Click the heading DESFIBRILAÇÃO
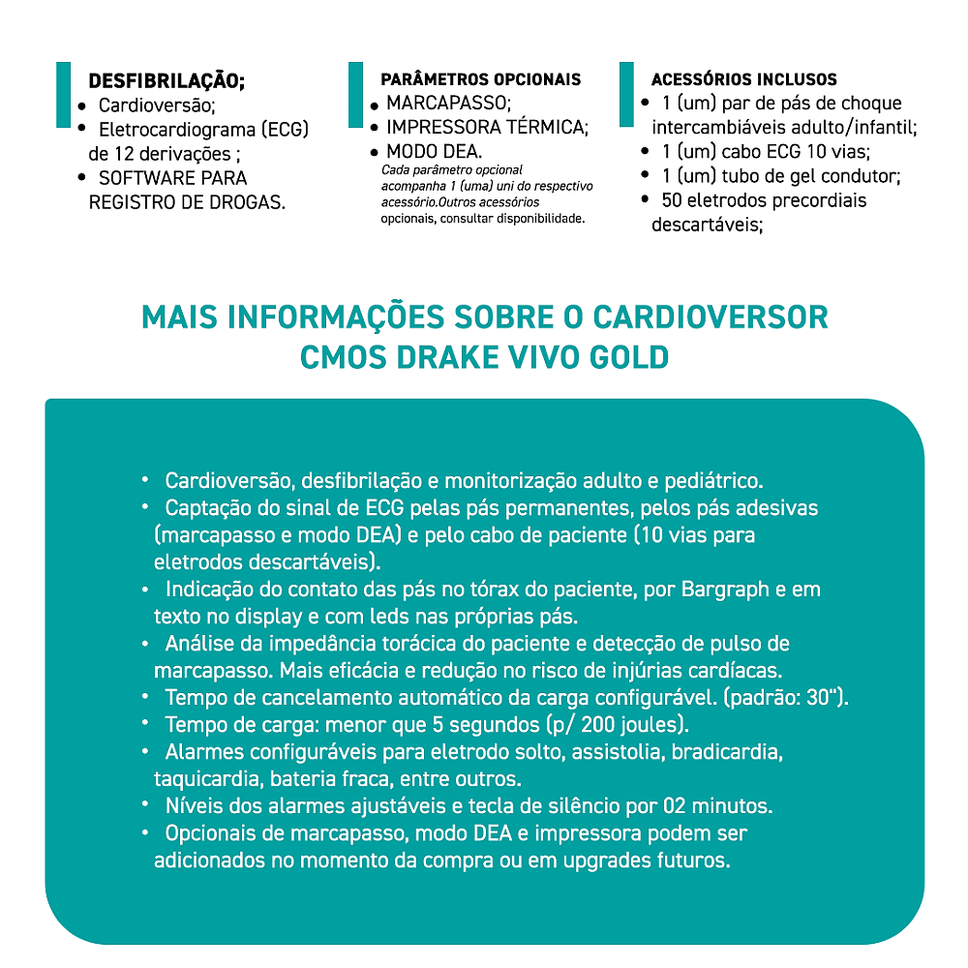click(166, 80)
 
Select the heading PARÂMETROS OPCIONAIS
click(481, 79)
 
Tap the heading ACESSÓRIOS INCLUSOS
click(743, 79)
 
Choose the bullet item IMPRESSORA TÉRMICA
click(487, 127)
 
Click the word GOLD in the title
click(628, 356)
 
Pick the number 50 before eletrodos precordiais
click(672, 200)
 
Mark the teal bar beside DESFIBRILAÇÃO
click(64, 93)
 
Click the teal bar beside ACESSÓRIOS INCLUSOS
click(627, 93)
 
